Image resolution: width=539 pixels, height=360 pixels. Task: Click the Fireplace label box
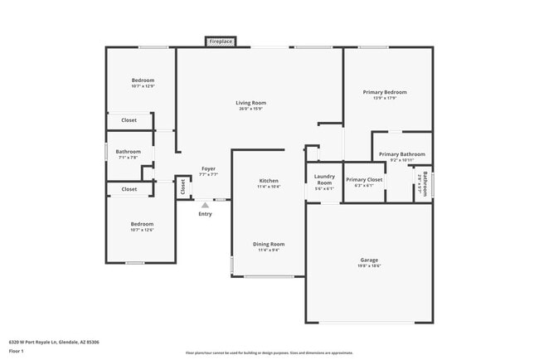tap(221, 41)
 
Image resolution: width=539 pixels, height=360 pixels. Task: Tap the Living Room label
tap(252, 103)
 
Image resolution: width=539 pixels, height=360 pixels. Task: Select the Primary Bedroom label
tap(385, 92)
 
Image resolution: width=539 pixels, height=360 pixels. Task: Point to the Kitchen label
tap(269, 180)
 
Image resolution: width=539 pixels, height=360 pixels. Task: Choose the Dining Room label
tap(269, 244)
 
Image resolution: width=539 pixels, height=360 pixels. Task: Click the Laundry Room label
tap(324, 179)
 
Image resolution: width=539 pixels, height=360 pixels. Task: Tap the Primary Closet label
tap(364, 179)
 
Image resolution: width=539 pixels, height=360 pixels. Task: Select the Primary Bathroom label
tap(401, 154)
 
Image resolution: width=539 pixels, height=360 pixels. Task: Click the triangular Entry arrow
tap(205, 204)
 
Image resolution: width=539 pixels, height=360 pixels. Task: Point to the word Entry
tap(205, 214)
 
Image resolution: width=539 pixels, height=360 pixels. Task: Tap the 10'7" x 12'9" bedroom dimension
tap(143, 86)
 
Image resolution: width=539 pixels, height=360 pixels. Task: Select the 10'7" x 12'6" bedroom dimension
tap(142, 230)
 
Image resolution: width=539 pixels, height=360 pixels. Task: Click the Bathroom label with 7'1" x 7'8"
tap(129, 152)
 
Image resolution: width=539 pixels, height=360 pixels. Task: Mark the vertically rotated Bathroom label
tap(426, 182)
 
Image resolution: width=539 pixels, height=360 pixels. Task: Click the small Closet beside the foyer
tap(182, 187)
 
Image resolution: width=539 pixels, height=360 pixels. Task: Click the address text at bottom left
tap(48, 341)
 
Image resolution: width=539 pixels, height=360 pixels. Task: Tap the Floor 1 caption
tap(17, 351)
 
